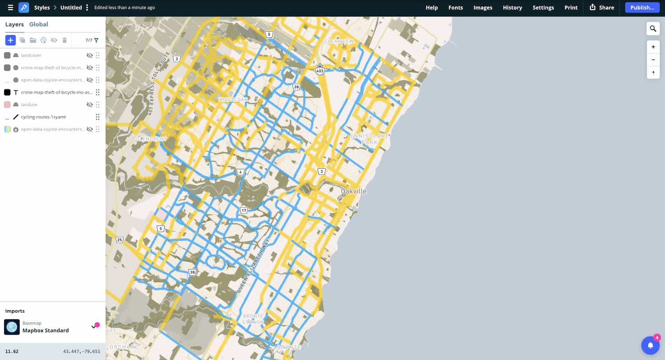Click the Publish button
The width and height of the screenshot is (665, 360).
pyautogui.click(x=642, y=7)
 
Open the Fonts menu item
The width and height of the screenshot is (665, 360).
pyautogui.click(x=455, y=7)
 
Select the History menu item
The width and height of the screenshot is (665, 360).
pyautogui.click(x=512, y=7)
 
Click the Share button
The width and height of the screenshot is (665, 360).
pyautogui.click(x=602, y=7)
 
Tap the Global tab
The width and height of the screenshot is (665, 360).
pyautogui.click(x=38, y=24)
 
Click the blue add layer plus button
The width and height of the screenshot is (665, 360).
pyautogui.click(x=11, y=40)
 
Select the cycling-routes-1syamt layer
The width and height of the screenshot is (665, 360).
pyautogui.click(x=43, y=117)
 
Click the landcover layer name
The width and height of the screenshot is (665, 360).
pyautogui.click(x=31, y=55)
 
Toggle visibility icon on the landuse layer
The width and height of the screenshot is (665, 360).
pyautogui.click(x=90, y=105)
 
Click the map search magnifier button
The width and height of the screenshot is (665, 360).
pyautogui.click(x=653, y=29)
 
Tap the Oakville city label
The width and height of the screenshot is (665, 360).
pyautogui.click(x=354, y=191)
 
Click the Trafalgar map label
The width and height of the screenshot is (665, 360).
pyautogui.click(x=233, y=99)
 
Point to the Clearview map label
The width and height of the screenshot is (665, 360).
pyautogui.click(x=339, y=41)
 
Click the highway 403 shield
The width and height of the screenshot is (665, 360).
pyautogui.click(x=320, y=70)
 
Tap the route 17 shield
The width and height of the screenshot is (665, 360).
pyautogui.click(x=244, y=210)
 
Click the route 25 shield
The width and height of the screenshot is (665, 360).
pyautogui.click(x=119, y=240)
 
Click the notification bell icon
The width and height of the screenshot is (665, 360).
pyautogui.click(x=650, y=345)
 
